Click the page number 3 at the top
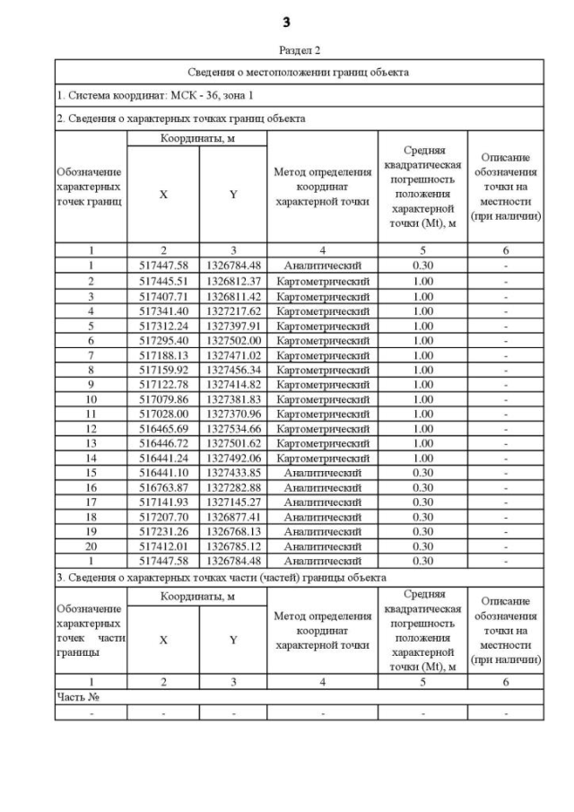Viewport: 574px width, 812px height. (286, 21)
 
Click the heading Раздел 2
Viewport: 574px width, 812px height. (287, 50)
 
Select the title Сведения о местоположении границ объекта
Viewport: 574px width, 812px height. (299, 72)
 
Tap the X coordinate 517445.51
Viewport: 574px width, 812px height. (163, 280)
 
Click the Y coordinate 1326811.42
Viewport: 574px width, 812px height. (233, 294)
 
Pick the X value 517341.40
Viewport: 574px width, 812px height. (163, 310)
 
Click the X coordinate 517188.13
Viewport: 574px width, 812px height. (163, 354)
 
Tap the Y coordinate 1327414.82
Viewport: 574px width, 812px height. (233, 384)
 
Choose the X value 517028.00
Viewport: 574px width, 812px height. (163, 414)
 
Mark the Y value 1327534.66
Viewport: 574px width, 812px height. (233, 428)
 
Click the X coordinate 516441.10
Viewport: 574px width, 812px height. (163, 473)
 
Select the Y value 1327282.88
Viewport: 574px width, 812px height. (233, 487)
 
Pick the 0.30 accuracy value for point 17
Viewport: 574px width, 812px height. (422, 502)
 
